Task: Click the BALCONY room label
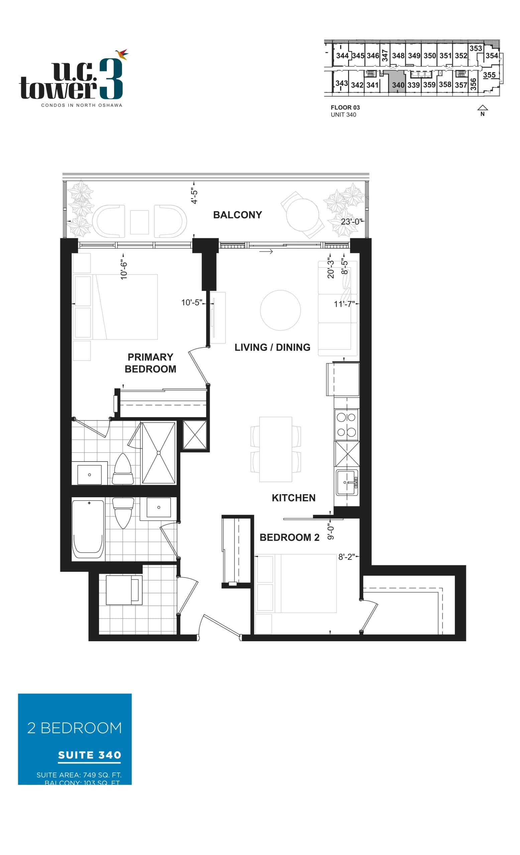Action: coord(237,215)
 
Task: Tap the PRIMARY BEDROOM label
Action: coord(150,363)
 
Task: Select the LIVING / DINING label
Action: coord(272,347)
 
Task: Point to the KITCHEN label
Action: coord(293,498)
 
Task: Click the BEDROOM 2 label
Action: coord(289,537)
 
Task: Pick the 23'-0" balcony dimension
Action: coord(351,222)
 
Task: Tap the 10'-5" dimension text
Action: coord(191,303)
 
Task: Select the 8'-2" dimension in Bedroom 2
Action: coord(346,557)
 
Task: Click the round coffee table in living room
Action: coord(280,310)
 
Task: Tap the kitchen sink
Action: coord(346,482)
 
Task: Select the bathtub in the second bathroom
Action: coord(88,529)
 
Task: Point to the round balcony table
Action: coord(302,214)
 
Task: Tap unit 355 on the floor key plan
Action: coord(489,74)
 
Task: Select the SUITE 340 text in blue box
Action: coord(89,755)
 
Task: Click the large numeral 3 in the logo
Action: coord(111,79)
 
